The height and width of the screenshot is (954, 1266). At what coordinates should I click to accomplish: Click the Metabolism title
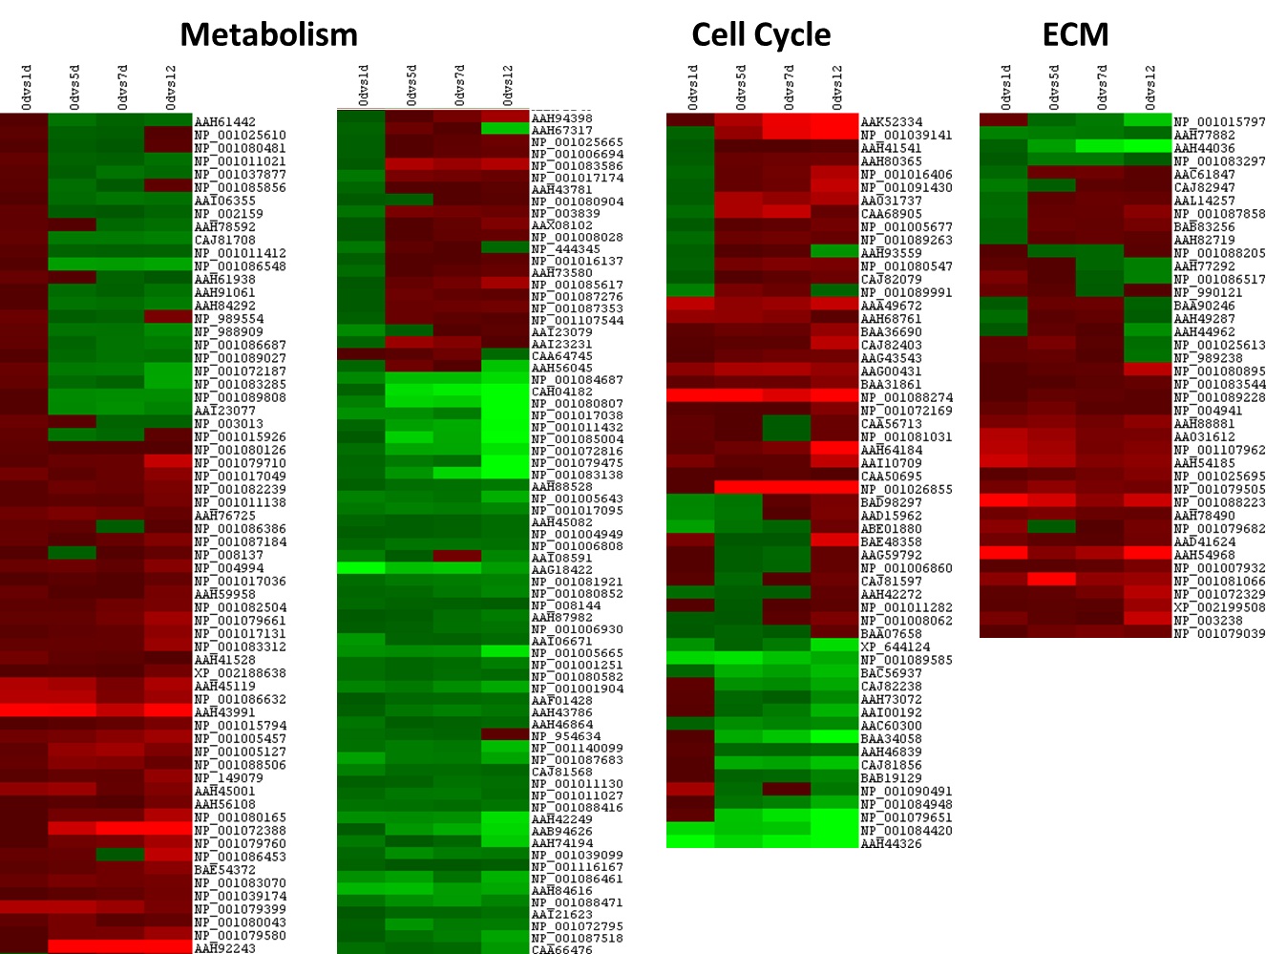pos(268,35)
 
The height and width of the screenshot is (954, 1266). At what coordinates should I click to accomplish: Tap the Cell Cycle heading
pos(761,35)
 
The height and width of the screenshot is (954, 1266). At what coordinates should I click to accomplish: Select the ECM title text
pos(1075,35)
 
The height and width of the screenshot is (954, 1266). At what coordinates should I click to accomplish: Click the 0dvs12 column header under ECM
pos(1150,88)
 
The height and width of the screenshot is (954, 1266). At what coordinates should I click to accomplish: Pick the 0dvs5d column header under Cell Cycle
pos(741,88)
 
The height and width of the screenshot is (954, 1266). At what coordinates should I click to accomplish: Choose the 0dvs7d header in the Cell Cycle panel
pos(789,88)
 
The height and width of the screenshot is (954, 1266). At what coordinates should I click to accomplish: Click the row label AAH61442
pos(225,122)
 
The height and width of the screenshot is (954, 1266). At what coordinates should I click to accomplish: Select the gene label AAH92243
pos(225,948)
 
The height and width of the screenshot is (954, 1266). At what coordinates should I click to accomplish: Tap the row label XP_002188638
pos(240,673)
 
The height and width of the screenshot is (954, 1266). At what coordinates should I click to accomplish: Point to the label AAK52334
pos(892,122)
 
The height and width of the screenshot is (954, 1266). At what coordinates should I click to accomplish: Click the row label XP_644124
pos(895,647)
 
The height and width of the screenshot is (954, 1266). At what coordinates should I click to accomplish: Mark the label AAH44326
pos(892,844)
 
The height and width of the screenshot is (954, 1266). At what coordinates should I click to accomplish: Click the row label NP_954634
pos(566,736)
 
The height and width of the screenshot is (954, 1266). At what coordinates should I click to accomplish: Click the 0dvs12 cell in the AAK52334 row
pos(834,121)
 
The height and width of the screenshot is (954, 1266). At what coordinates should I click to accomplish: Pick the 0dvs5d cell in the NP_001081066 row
pos(1052,580)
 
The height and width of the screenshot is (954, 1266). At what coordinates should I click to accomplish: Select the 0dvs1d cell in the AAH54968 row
pos(1003,553)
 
